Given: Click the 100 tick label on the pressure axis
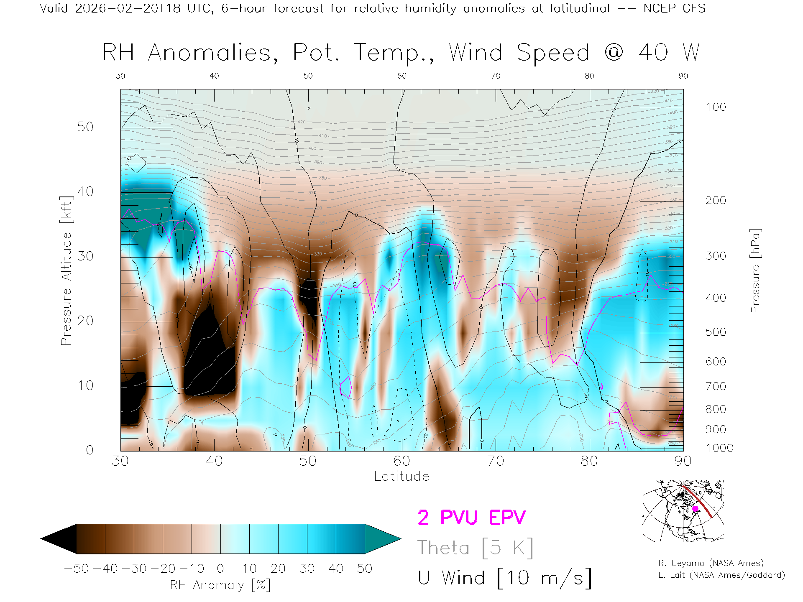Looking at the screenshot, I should [716, 107].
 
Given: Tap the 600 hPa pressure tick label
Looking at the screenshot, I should [716, 362].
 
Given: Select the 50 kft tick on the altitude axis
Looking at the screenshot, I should [85, 127].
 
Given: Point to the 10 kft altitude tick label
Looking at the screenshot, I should [85, 385].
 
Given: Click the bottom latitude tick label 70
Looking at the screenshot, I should [495, 461].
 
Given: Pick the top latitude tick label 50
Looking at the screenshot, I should [308, 76].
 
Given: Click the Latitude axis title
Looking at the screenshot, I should [401, 476].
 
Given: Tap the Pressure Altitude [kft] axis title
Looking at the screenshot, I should [66, 270].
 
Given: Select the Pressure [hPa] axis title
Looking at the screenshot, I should [755, 270].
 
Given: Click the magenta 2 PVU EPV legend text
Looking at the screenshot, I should [471, 518].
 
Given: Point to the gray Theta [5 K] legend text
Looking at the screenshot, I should [475, 548].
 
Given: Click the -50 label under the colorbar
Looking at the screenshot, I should [76, 569].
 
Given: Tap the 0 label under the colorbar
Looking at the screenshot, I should [220, 569].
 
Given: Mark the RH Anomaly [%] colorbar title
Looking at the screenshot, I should [220, 585].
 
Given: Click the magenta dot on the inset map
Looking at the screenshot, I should [695, 509].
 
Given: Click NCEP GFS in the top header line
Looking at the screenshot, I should [674, 8].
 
